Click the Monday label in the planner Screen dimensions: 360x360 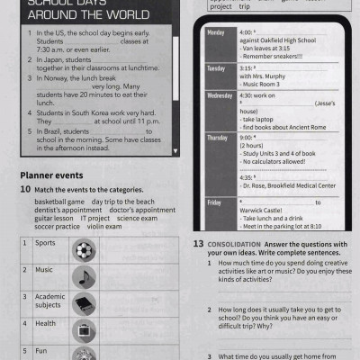point(216,33)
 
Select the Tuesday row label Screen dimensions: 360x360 point(217,68)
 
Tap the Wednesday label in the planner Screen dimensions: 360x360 point(220,95)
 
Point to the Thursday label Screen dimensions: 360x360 point(218,138)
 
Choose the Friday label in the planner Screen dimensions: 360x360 point(214,202)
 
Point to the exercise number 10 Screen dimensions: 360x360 point(24,191)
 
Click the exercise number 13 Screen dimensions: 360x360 point(197,244)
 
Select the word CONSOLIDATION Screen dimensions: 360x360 point(236,244)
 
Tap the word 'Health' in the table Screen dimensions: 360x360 point(45,323)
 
